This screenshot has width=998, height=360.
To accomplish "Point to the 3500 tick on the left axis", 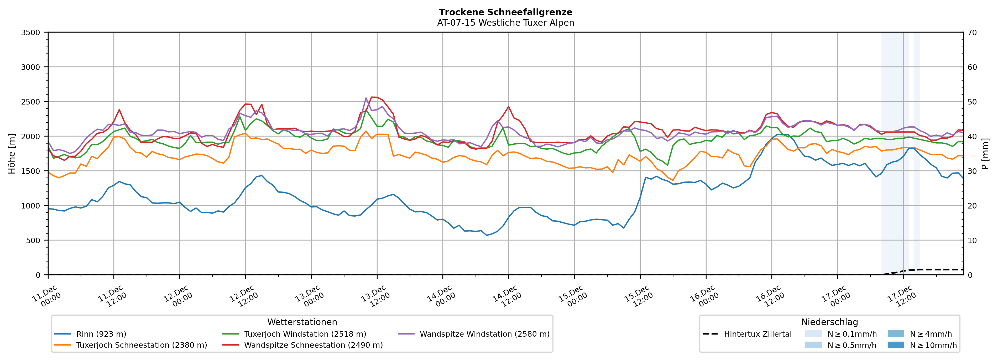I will click(x=31, y=33).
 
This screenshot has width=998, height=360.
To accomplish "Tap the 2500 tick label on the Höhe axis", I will click(x=31, y=102).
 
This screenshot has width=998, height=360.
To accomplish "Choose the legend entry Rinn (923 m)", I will click(x=101, y=334).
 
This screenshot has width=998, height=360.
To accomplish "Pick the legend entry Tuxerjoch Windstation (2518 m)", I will click(x=305, y=334).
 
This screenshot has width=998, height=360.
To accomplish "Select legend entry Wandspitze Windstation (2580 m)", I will click(x=484, y=334).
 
